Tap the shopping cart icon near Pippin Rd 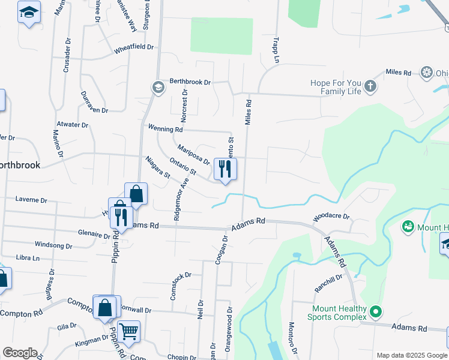click(128, 330)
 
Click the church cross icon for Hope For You click(371, 86)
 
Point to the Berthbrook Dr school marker click(158, 88)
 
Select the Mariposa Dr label click(193, 154)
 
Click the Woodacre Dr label click(331, 216)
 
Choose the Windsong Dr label click(53, 245)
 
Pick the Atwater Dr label click(73, 125)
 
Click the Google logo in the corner click(20, 353)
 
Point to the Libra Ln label click(28, 257)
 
